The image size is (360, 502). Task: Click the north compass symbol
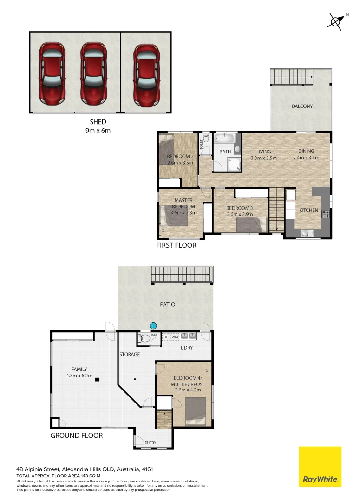point(336,21)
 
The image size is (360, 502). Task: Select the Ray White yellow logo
point(320,467)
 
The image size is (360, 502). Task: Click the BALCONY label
point(302,106)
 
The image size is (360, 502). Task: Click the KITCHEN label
point(308,211)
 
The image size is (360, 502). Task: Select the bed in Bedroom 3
point(250,225)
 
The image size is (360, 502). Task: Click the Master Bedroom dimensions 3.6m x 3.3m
point(183,213)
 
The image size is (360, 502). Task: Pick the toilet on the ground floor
point(145,339)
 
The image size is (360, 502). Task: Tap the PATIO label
point(167,304)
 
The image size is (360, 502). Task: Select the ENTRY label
point(150,443)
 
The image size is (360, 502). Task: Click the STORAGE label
point(130,354)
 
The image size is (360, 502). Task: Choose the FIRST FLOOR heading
point(176,245)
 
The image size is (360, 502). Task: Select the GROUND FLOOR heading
point(76,436)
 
